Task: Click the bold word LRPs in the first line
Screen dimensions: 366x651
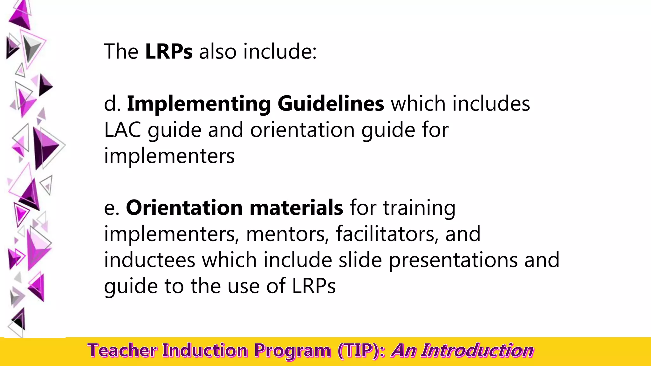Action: coord(169,51)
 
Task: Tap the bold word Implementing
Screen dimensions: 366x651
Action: coord(199,104)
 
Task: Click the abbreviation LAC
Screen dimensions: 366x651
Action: coord(122,130)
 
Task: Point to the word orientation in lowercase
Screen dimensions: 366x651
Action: coord(302,130)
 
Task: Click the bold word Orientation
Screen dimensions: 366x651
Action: coord(184,208)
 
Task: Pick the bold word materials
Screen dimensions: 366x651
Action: coord(296,208)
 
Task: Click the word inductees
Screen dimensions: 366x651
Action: coord(149,260)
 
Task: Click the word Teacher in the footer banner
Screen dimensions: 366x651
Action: coord(122,351)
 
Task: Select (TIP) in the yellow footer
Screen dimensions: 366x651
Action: coord(358,351)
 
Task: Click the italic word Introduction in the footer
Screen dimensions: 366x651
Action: coord(477,351)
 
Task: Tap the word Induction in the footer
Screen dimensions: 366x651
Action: coord(205,351)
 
